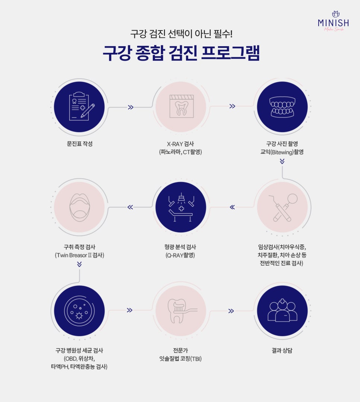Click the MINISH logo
coord(333,21)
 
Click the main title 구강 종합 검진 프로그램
coord(181,53)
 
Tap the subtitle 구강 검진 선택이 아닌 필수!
coord(181,34)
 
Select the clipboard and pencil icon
coord(82,106)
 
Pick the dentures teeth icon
coord(282,107)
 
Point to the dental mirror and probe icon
coord(283,207)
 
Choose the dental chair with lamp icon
coord(181,207)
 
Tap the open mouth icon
coord(80,207)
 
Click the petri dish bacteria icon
coord(79,311)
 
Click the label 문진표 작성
coord(80,144)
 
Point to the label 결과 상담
coord(282,351)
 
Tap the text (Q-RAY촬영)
coord(180,255)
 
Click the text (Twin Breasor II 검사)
coord(79,255)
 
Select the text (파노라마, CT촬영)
coord(180,152)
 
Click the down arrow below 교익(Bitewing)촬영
coord(282,161)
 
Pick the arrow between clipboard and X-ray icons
coord(131,107)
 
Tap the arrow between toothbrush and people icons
coord(231,311)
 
